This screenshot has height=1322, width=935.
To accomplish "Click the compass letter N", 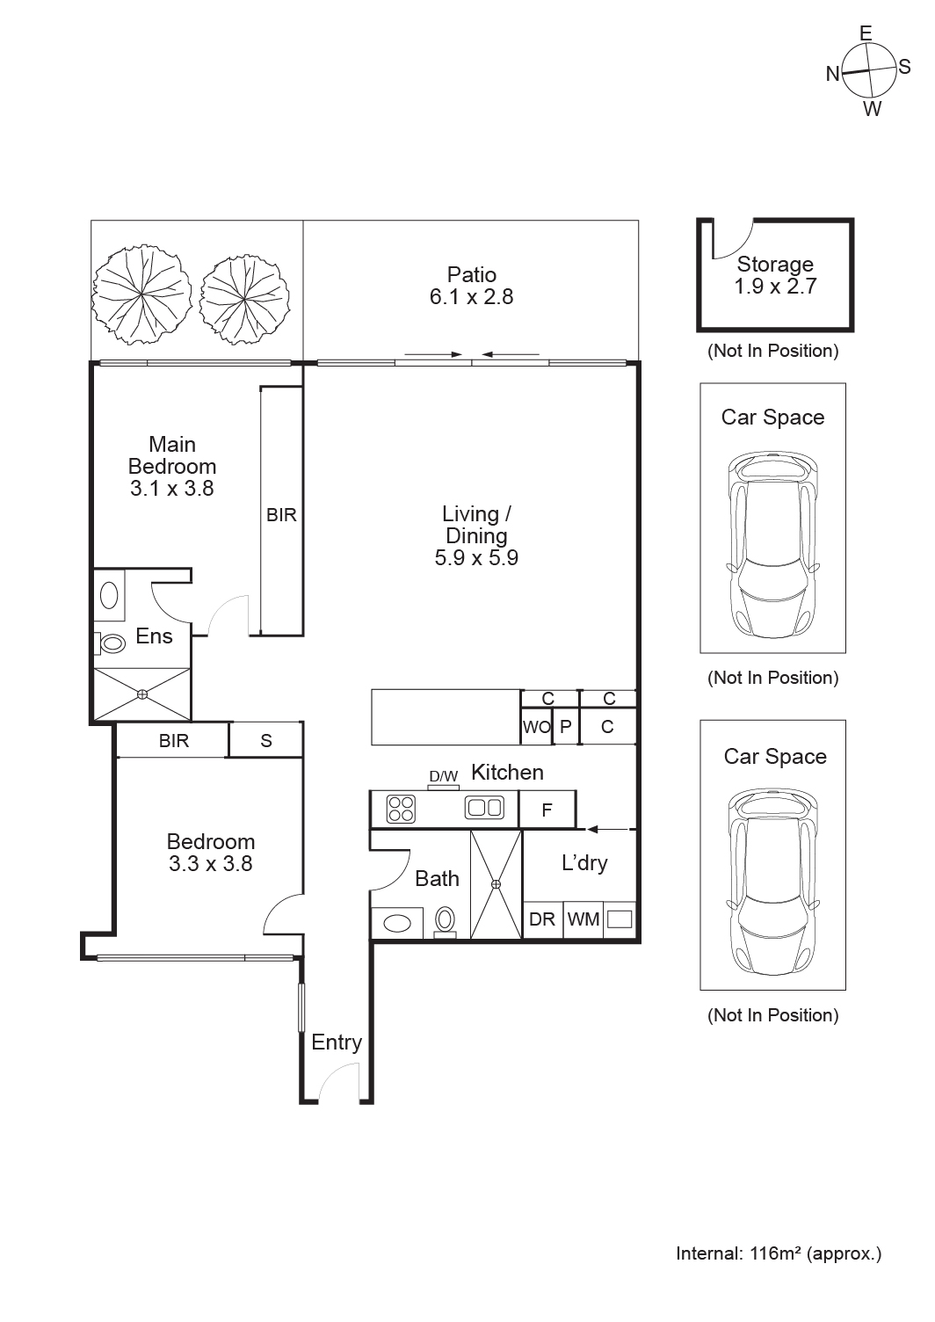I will tap(832, 75).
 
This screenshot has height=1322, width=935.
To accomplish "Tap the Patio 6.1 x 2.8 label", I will tap(472, 286).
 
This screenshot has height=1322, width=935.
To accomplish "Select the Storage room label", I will tap(774, 265).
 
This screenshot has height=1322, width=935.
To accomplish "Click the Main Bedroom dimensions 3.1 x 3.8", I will tap(172, 489).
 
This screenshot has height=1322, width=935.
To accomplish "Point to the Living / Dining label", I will tap(476, 525).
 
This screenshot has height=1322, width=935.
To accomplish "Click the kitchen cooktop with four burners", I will tap(402, 809).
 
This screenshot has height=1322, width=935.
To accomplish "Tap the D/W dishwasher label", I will tap(443, 776).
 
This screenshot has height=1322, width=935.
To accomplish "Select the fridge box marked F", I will tap(547, 810).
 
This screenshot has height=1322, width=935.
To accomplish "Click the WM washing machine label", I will tap(583, 919).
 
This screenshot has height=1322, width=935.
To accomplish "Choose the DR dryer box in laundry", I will tap(542, 919).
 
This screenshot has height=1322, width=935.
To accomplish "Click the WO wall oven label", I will tap(536, 728).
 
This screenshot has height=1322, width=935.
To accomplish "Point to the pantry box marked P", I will tap(566, 728).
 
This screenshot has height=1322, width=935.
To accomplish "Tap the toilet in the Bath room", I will tap(446, 921).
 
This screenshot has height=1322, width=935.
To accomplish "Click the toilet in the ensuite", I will tap(112, 643).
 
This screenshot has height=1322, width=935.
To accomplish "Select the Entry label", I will tap(337, 1042).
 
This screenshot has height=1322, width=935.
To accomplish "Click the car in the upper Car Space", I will tap(772, 544).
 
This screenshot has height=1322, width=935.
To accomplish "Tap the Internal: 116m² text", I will tap(778, 1253).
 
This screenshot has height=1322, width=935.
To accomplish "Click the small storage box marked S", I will tap(266, 741).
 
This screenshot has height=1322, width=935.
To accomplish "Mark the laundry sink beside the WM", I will tap(620, 919).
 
